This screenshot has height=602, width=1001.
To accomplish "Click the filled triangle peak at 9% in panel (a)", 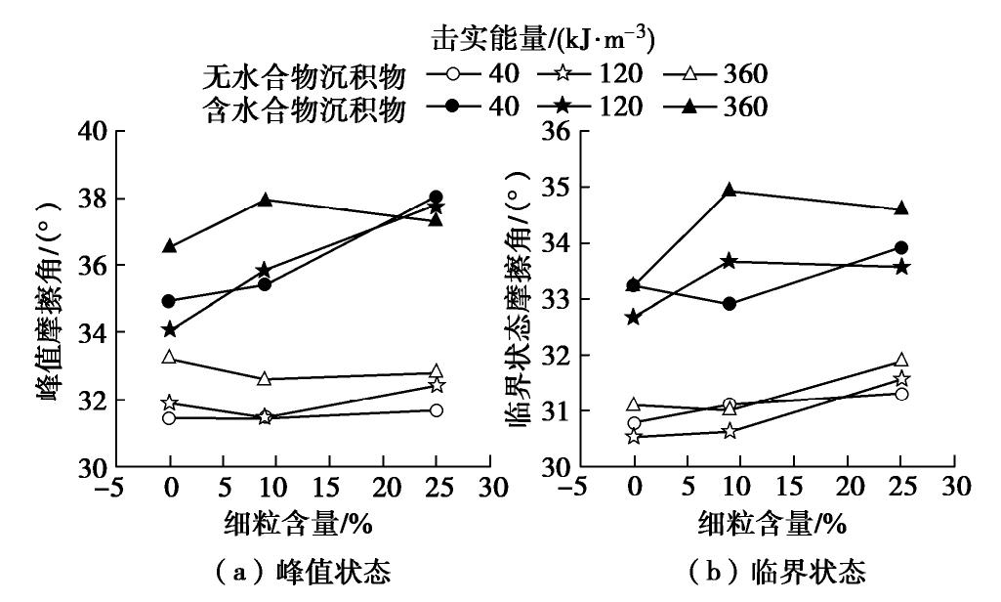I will pyautogui.click(x=265, y=199).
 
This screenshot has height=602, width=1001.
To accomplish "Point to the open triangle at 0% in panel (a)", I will pyautogui.click(x=170, y=358).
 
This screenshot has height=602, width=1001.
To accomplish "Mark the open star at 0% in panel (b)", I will pyautogui.click(x=634, y=436).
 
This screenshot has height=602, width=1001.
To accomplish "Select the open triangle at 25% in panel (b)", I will pyautogui.click(x=901, y=361).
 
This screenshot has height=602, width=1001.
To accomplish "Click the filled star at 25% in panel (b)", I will pyautogui.click(x=901, y=267).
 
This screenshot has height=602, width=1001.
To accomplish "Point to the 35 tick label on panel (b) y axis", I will pyautogui.click(x=556, y=187).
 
